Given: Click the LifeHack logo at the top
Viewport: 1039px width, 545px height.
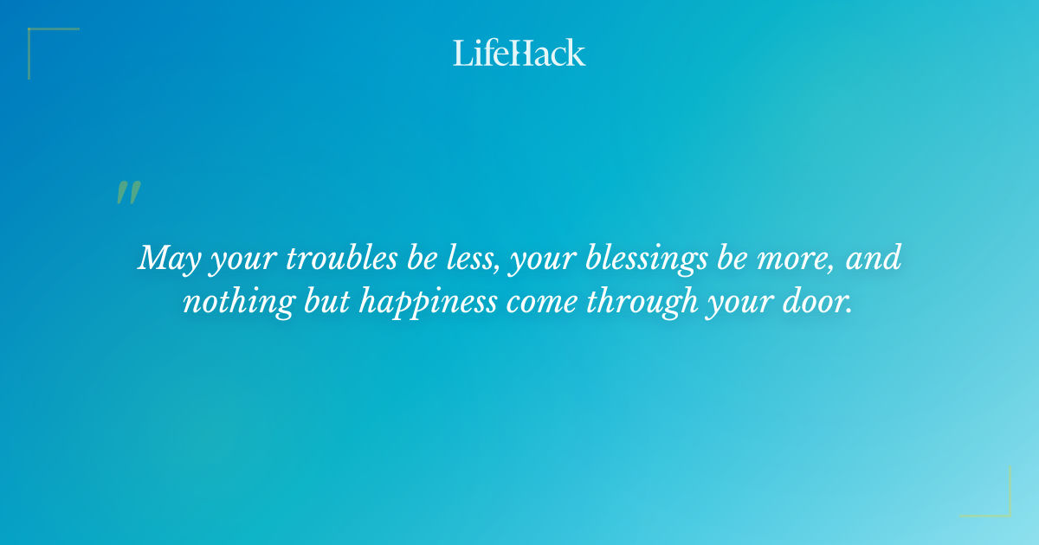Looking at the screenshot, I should click(x=519, y=53).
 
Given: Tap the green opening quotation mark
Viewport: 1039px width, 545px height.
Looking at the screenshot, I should click(x=128, y=193).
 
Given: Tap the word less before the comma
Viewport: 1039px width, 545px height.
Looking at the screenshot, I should click(x=467, y=259).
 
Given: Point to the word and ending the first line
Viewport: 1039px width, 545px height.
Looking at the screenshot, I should click(x=874, y=259).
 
